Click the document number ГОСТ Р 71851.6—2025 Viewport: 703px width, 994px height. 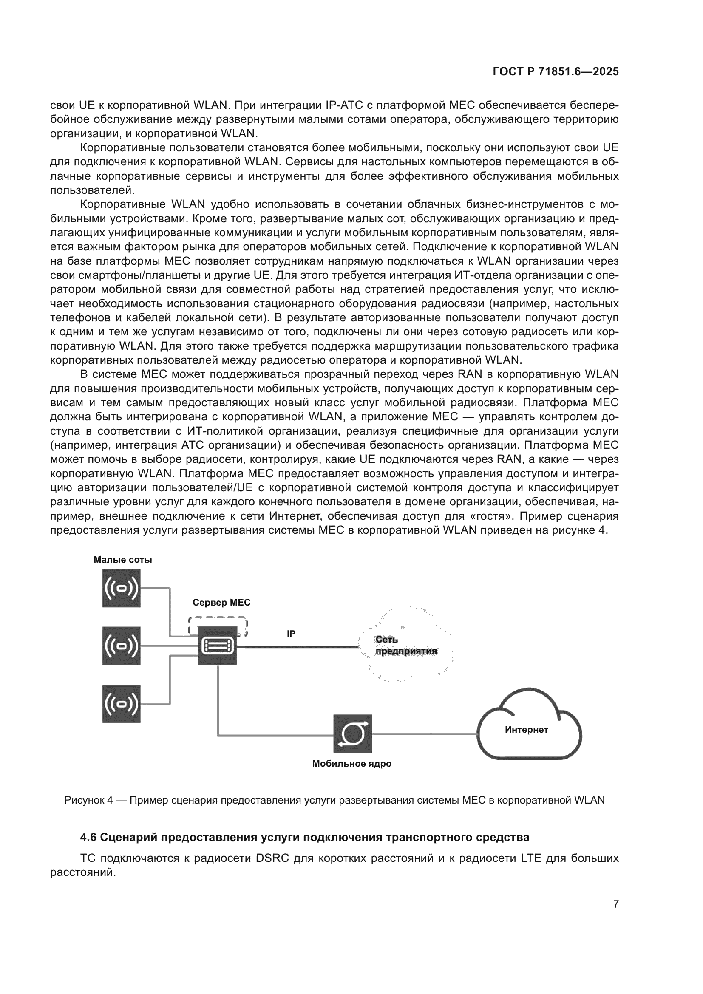pyautogui.click(x=556, y=72)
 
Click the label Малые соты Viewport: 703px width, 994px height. pyautogui.click(x=123, y=559)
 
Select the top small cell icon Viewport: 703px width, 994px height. pyautogui.click(x=121, y=588)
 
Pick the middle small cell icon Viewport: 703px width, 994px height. pyautogui.click(x=121, y=646)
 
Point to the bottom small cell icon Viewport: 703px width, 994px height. pyautogui.click(x=121, y=704)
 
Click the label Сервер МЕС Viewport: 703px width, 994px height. pyautogui.click(x=221, y=603)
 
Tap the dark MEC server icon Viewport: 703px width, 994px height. pyautogui.click(x=218, y=646)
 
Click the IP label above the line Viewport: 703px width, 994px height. pyautogui.click(x=291, y=634)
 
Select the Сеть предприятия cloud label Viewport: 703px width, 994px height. pyautogui.click(x=406, y=646)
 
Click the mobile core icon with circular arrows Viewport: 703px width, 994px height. pyautogui.click(x=352, y=734)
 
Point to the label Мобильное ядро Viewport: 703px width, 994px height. pyautogui.click(x=351, y=764)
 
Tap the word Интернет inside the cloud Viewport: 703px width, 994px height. pyautogui.click(x=526, y=730)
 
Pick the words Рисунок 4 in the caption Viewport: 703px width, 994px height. pyautogui.click(x=88, y=800)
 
